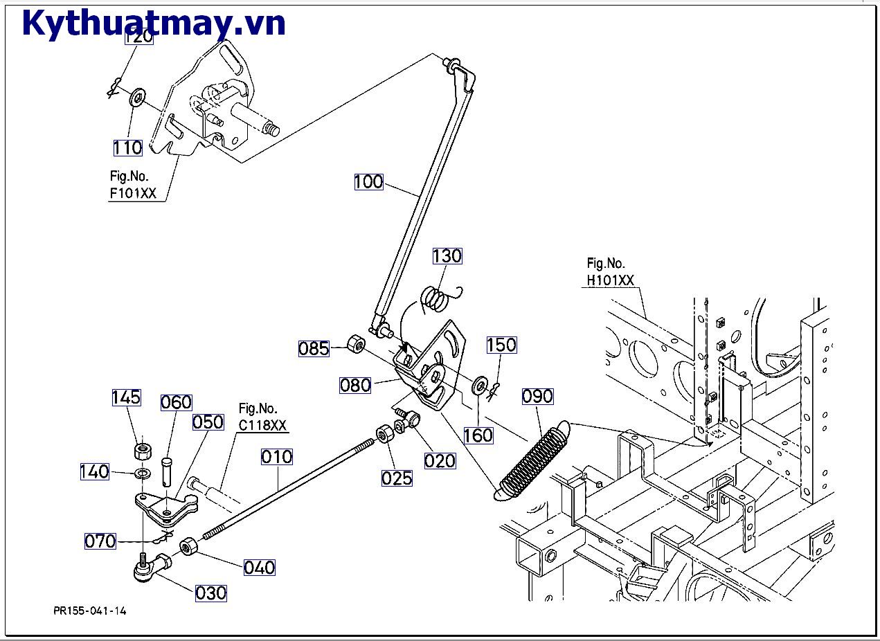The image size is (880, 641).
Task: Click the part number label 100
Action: [368, 182]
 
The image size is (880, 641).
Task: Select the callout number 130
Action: [447, 256]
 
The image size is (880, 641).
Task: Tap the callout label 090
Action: [537, 397]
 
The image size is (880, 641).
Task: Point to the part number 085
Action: [314, 348]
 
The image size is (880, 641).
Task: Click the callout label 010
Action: [277, 457]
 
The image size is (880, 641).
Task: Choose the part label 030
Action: [211, 593]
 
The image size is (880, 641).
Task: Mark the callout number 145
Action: [126, 397]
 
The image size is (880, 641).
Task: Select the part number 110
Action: [128, 147]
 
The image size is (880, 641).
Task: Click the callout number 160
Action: [478, 435]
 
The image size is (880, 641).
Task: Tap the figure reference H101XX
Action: [610, 280]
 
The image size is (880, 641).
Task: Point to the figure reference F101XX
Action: [133, 193]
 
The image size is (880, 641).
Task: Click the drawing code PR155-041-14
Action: [90, 611]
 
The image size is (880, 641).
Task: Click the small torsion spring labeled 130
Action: [436, 298]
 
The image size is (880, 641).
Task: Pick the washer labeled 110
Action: [136, 95]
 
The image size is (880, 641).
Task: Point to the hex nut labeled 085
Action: [355, 343]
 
